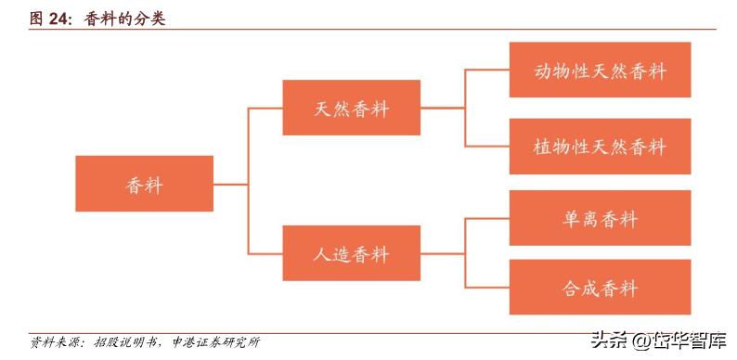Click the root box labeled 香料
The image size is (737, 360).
(144, 185)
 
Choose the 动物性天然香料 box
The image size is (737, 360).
(600, 70)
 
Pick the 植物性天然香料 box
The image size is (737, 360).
(600, 147)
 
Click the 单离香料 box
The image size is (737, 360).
(600, 218)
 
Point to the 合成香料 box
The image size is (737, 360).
(600, 288)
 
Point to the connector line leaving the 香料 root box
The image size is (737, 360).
(230, 184)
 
